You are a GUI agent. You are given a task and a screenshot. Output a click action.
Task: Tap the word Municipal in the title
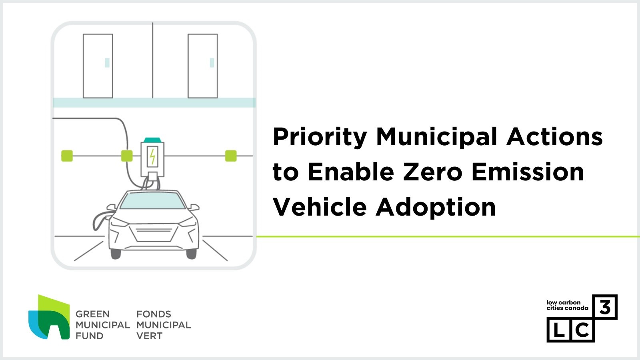point(436,137)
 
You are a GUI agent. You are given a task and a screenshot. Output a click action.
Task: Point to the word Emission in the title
point(528,172)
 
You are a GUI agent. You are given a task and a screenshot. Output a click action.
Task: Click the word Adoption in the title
point(436,207)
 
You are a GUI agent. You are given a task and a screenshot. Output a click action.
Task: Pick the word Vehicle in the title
point(320,207)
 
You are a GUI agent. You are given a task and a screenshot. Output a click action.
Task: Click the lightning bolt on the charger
point(152,156)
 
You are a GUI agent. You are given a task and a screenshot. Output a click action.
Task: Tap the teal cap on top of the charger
point(152,140)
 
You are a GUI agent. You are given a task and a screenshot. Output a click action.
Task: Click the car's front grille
point(154,234)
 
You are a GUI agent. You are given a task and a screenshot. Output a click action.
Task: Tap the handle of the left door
point(107,63)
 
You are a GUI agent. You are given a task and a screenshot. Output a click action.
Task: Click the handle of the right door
point(212,63)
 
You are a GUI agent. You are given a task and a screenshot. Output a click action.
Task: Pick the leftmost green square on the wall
point(67,156)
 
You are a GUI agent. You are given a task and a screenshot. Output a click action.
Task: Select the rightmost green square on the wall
point(231,156)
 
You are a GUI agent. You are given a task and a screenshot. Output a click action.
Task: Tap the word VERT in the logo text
point(149,336)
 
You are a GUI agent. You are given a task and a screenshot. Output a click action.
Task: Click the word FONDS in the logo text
point(154,314)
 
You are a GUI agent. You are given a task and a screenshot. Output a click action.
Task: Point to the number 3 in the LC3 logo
point(605,307)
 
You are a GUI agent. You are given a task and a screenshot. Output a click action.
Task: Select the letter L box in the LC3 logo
point(559,330)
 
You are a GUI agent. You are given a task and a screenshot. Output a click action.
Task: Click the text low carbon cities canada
point(567,305)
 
